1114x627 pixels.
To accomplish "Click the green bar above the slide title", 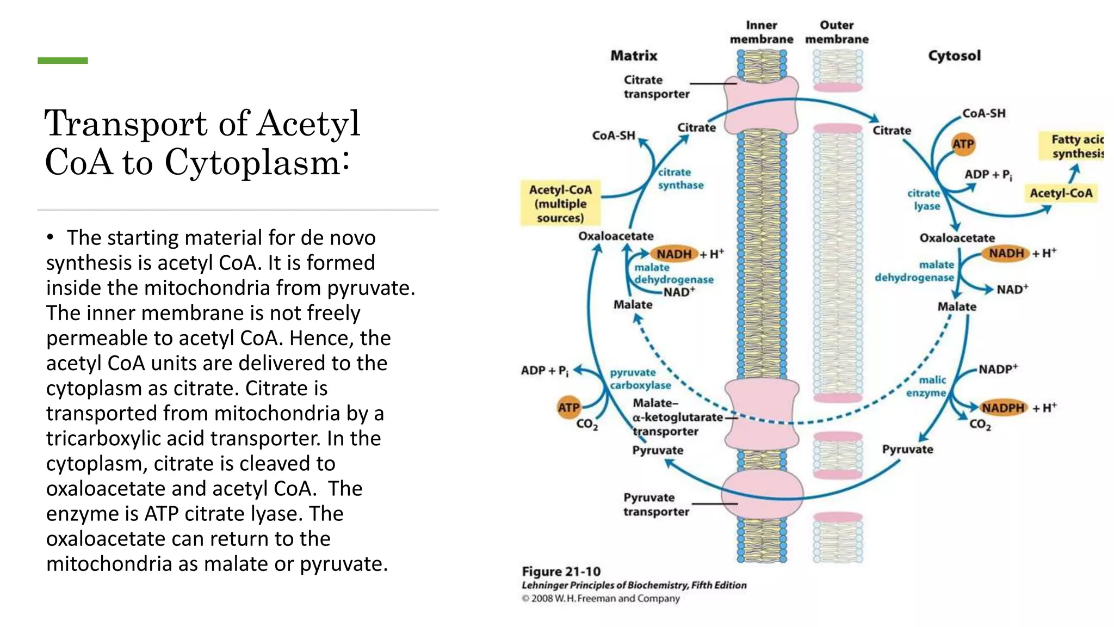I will coord(63,60).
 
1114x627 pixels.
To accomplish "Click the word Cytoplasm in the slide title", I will coord(253,162).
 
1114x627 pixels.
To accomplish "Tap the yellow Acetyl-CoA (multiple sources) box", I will coord(560,204).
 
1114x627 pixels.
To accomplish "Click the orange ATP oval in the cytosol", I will coord(963,144).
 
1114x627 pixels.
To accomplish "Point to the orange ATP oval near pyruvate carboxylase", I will coord(568,407).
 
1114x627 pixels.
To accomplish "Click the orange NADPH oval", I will coord(1002,408).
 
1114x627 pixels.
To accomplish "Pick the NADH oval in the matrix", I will coord(673,254).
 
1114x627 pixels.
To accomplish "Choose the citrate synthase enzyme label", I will coord(680,179).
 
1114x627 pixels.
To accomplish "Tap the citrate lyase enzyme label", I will coord(924,200).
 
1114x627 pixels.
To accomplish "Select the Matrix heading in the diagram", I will coord(634,56).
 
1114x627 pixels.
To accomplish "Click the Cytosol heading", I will coord(954,56).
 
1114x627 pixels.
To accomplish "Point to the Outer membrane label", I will coord(837,32).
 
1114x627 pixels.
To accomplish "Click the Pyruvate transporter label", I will coord(655,505).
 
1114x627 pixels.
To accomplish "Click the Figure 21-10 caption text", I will coord(561,571).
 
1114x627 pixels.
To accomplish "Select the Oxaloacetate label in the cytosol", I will coord(957,238).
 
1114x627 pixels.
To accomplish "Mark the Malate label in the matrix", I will coord(633,305).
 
